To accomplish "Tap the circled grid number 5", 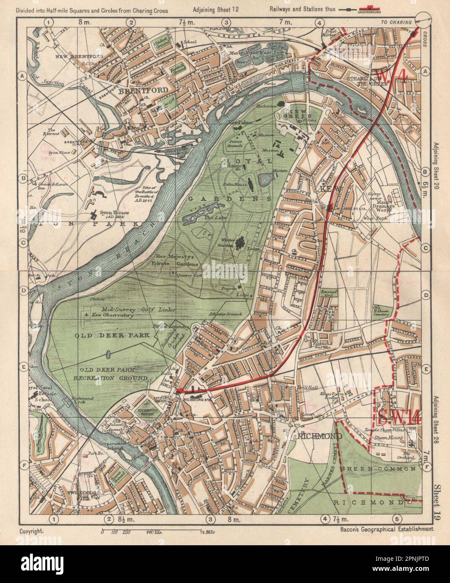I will (397, 519).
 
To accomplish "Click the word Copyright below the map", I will (31, 531).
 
